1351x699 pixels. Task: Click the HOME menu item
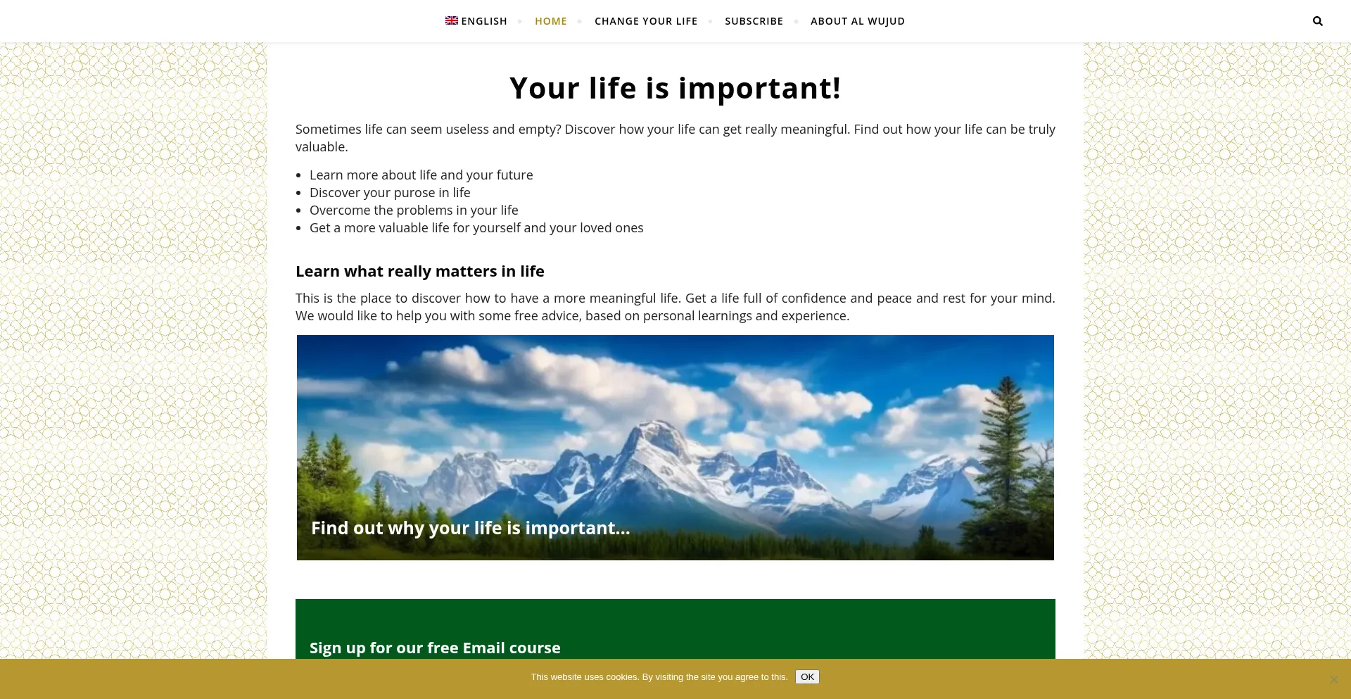(x=550, y=21)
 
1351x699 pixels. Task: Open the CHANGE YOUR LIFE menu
(x=646, y=21)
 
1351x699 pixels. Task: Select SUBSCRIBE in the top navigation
(x=754, y=21)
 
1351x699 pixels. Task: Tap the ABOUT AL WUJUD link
(x=858, y=21)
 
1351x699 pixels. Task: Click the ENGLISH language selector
(x=476, y=21)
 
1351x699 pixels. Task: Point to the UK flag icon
(x=452, y=20)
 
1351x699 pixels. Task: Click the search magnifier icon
(x=1318, y=21)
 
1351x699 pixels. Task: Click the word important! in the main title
(x=760, y=88)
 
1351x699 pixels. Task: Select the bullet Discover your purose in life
(x=390, y=192)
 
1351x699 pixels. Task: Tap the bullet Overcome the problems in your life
(x=414, y=210)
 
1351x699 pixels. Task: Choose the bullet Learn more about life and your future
(x=421, y=175)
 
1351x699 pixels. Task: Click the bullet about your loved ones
(x=476, y=227)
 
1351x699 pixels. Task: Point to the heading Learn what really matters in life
(x=420, y=271)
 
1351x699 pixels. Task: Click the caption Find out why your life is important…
(x=471, y=528)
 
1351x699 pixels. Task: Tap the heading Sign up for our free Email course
(x=435, y=648)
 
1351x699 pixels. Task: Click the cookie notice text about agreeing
(x=659, y=677)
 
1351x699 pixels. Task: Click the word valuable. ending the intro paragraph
(x=322, y=146)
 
